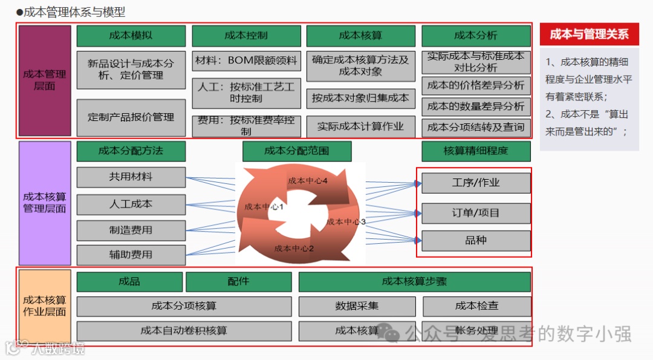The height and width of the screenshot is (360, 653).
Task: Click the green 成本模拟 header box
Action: point(131,36)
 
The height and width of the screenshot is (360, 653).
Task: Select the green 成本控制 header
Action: point(246,36)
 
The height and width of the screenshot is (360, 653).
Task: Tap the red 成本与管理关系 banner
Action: point(589,34)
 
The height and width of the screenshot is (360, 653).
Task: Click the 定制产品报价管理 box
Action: point(131,117)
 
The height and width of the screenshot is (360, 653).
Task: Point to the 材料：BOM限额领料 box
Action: point(246,61)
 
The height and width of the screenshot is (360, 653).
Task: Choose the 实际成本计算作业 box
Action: point(360,126)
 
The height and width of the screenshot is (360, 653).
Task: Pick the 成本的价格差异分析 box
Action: point(475,85)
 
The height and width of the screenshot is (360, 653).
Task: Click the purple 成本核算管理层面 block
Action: point(45,203)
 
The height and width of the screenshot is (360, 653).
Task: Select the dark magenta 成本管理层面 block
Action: point(45,80)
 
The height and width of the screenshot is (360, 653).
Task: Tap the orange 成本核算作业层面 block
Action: point(45,306)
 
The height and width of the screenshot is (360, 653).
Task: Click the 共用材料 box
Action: point(131,177)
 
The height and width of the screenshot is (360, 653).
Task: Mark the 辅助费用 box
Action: point(131,255)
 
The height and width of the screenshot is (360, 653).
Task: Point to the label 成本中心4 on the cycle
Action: point(308,181)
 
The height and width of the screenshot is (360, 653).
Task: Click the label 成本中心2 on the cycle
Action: point(294,248)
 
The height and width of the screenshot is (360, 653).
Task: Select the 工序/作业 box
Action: point(476,183)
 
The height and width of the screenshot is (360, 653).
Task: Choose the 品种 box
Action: point(476,240)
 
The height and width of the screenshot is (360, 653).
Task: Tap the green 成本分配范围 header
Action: point(296,151)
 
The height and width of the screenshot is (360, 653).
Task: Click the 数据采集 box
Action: point(357,306)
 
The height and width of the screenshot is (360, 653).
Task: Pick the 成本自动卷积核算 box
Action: point(184,331)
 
